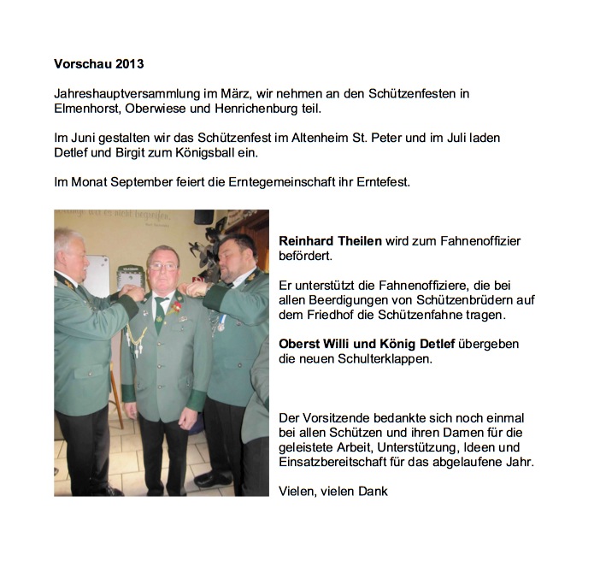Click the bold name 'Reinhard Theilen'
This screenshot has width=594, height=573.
click(330, 241)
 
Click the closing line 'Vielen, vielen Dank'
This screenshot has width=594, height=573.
click(333, 491)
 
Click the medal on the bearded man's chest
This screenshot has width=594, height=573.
click(221, 324)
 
